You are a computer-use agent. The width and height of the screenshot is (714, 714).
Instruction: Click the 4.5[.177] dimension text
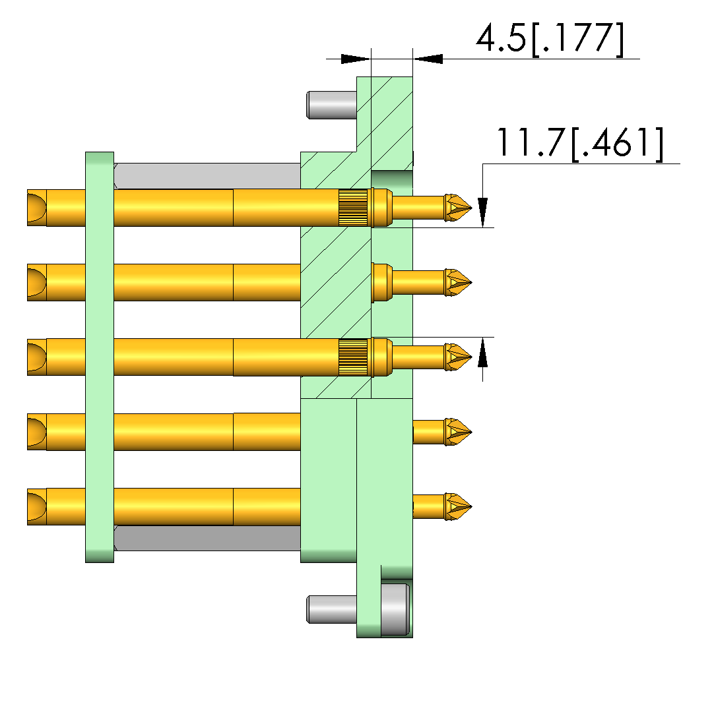tap(550, 39)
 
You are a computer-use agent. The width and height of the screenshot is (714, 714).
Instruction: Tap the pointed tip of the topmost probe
tap(472, 208)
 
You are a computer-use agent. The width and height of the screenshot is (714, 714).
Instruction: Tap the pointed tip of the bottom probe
tap(472, 507)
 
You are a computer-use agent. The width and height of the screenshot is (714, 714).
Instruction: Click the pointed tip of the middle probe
tap(472, 357)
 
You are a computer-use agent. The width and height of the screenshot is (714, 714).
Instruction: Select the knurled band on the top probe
tap(353, 208)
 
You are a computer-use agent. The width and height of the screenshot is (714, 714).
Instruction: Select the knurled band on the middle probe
tap(353, 357)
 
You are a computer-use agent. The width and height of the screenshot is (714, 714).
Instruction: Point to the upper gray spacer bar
tap(207, 176)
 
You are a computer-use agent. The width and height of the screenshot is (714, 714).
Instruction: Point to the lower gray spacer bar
tap(207, 538)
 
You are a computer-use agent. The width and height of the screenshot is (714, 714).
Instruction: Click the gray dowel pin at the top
tap(332, 105)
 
